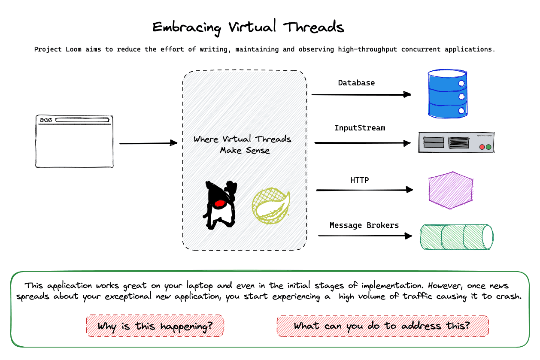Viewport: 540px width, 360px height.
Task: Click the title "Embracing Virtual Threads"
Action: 248,27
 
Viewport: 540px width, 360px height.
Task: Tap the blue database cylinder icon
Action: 447,94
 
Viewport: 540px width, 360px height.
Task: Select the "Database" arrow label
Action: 356,83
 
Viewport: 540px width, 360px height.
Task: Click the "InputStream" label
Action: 360,128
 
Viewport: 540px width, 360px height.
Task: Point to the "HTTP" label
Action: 360,180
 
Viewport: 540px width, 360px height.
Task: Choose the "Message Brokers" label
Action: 364,225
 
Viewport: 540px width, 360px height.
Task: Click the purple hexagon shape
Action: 451,190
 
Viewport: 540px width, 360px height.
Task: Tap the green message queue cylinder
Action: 456,236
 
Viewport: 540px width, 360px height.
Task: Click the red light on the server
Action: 482,147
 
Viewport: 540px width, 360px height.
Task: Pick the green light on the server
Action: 488,147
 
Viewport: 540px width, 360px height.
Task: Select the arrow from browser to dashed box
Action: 148,143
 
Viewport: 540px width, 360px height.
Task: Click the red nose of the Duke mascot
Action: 220,203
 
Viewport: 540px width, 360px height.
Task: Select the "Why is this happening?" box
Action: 155,326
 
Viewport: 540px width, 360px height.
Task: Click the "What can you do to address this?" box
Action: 382,326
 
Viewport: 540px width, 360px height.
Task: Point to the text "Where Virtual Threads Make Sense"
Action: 243,145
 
